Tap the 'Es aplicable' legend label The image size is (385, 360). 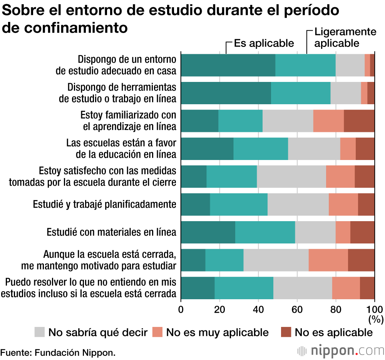click(264, 43)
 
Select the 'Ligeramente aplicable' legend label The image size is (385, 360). click(345, 37)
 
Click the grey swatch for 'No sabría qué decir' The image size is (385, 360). click(40, 332)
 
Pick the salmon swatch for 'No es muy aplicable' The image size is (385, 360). click(158, 332)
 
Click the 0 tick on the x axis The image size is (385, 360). click(181, 309)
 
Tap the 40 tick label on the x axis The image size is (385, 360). click(258, 309)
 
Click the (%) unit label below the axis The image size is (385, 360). click(375, 319)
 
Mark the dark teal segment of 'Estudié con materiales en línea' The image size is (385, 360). click(208, 232)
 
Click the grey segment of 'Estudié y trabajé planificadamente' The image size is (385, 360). click(298, 205)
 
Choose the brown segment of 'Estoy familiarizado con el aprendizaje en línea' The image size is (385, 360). click(359, 121)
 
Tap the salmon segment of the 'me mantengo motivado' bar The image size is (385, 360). click(328, 260)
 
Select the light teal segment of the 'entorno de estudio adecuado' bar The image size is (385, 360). click(305, 65)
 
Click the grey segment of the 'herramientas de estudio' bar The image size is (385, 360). click(345, 93)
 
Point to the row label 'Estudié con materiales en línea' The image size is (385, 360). click(111, 232)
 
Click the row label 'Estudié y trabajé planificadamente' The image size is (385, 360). click(105, 204)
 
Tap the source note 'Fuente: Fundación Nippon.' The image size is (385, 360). click(58, 352)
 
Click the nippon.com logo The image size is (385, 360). click(341, 351)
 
